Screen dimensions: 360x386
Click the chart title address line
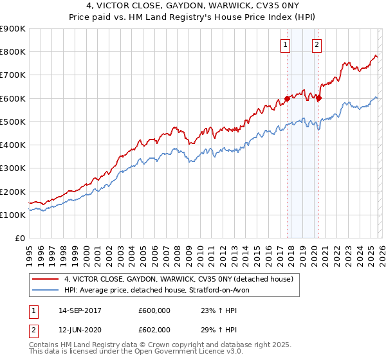click(x=193, y=6)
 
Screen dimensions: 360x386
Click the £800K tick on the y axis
click(x=12, y=52)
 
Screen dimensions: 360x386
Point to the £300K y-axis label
click(x=12, y=168)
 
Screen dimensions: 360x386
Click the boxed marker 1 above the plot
click(x=285, y=45)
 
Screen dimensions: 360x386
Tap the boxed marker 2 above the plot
click(x=317, y=45)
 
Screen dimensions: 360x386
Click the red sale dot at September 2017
click(x=286, y=98)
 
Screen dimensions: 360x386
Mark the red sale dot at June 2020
click(x=318, y=98)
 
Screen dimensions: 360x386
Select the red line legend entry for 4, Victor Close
click(x=179, y=279)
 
